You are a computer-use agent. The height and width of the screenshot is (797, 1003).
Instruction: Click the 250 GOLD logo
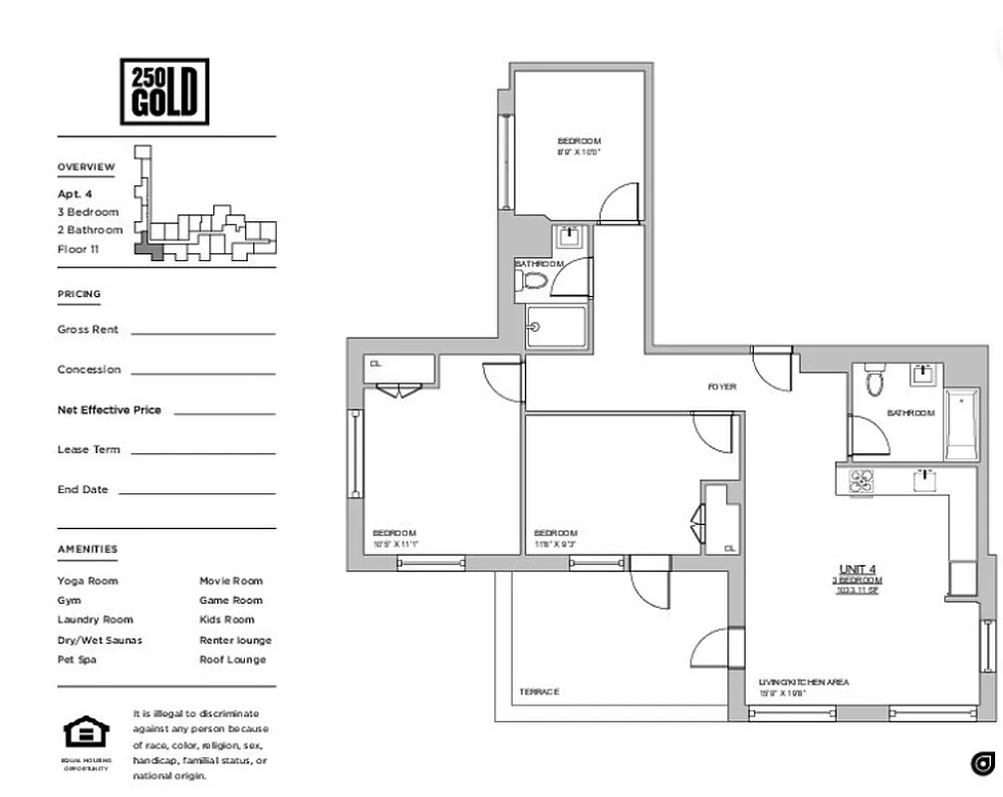[x=164, y=92]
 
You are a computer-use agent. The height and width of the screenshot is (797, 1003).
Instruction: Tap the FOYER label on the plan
[x=722, y=387]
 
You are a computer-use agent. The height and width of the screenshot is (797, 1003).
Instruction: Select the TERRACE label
[x=539, y=691]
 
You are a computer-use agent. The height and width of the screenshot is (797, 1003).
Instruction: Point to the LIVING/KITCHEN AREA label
[x=803, y=682]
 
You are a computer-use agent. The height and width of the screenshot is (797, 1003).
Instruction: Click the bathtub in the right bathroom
[x=961, y=423]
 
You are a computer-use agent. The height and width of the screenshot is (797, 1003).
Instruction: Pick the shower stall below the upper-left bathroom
[x=556, y=328]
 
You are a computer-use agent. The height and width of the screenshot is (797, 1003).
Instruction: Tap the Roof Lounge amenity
[x=233, y=660]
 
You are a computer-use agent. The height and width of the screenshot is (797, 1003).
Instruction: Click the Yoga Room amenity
[x=88, y=581]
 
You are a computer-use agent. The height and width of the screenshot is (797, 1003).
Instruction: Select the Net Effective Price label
[x=109, y=409]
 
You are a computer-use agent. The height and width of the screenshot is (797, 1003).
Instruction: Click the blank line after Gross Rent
[x=203, y=333]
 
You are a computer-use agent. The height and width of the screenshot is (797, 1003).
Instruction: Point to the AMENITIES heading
[x=88, y=549]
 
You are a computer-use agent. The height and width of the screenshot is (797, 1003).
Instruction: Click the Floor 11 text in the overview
[x=79, y=249]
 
